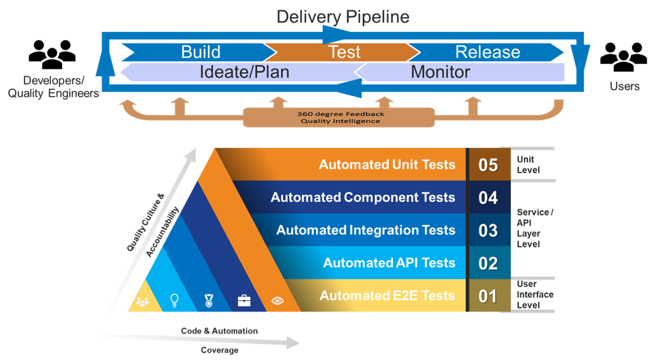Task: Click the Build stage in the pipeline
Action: point(201,52)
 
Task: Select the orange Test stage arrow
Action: point(344,52)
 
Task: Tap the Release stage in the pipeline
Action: point(487,52)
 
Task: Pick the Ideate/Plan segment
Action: point(244,72)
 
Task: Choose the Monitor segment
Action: point(440,72)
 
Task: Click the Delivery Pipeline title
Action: point(343,17)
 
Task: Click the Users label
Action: point(624,87)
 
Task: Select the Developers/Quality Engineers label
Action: point(53,87)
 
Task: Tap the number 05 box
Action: point(488,165)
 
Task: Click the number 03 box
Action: point(488,230)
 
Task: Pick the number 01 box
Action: point(488,296)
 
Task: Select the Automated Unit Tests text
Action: point(387,165)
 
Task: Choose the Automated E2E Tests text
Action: point(387,296)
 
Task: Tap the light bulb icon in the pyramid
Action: point(175,299)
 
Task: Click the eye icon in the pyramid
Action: point(278,300)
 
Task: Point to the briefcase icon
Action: point(243,300)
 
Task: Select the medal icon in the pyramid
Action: point(209,300)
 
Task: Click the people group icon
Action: point(143,301)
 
